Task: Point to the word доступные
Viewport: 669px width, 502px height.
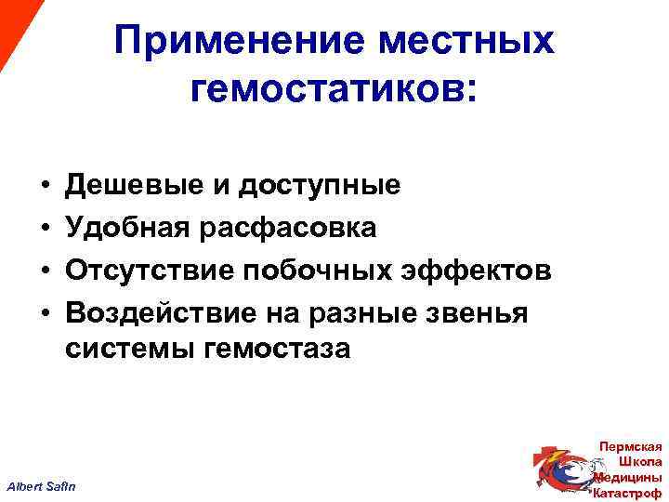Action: (x=320, y=186)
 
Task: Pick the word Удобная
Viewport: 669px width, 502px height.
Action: (x=126, y=228)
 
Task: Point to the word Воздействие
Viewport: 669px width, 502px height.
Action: (x=158, y=313)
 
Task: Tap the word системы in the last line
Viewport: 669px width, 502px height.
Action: (x=125, y=350)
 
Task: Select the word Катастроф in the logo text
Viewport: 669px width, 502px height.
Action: (x=627, y=492)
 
